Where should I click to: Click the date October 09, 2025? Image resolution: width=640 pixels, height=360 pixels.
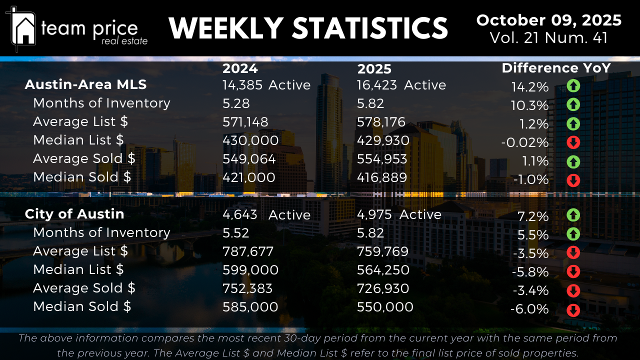tap(548, 20)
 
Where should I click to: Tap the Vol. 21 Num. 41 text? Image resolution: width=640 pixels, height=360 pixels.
tap(548, 38)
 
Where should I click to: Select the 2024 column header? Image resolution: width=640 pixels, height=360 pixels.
tap(240, 68)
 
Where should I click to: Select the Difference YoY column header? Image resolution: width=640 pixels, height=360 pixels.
tap(556, 68)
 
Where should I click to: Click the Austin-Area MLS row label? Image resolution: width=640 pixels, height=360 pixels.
tap(85, 84)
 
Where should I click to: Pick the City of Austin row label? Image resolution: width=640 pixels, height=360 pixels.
tap(74, 214)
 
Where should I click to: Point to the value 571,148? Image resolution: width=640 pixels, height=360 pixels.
tap(245, 122)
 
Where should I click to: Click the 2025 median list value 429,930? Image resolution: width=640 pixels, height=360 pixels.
tap(383, 140)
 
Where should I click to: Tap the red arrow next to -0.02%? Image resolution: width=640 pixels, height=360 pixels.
tap(573, 143)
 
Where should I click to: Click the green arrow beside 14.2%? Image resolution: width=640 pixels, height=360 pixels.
tap(573, 86)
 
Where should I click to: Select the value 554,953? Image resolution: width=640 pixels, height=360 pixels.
tap(382, 159)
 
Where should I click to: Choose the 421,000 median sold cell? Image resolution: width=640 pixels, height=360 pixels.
tap(248, 177)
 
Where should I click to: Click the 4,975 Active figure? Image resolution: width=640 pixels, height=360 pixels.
tap(399, 214)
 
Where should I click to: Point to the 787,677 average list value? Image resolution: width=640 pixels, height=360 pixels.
tap(248, 251)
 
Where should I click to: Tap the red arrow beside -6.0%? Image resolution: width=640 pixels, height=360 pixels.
tap(573, 310)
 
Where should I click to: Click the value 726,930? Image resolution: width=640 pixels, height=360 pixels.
tap(382, 288)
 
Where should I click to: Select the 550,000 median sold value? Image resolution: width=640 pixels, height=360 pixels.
tap(385, 307)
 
